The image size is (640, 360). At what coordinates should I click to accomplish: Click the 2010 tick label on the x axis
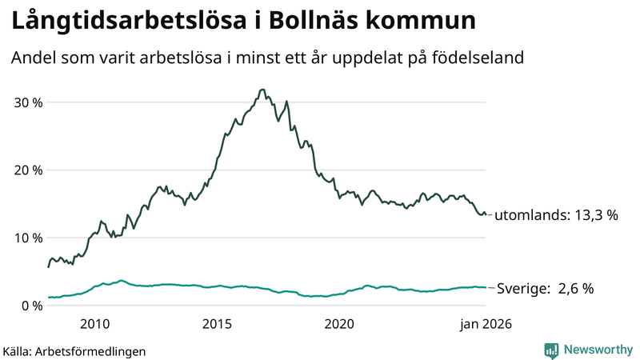[x=94, y=324]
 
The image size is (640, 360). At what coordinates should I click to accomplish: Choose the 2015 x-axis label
[x=217, y=324]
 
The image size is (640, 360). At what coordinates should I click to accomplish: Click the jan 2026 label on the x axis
[x=485, y=324]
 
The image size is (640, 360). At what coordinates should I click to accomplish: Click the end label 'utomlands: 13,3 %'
[x=556, y=216]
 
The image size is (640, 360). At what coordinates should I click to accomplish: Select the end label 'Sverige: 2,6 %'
[x=545, y=289]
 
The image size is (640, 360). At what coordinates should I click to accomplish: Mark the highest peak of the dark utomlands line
[x=262, y=90]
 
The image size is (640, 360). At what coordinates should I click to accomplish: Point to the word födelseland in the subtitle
[x=484, y=58]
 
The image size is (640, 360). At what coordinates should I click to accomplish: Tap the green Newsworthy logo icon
[x=551, y=350]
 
